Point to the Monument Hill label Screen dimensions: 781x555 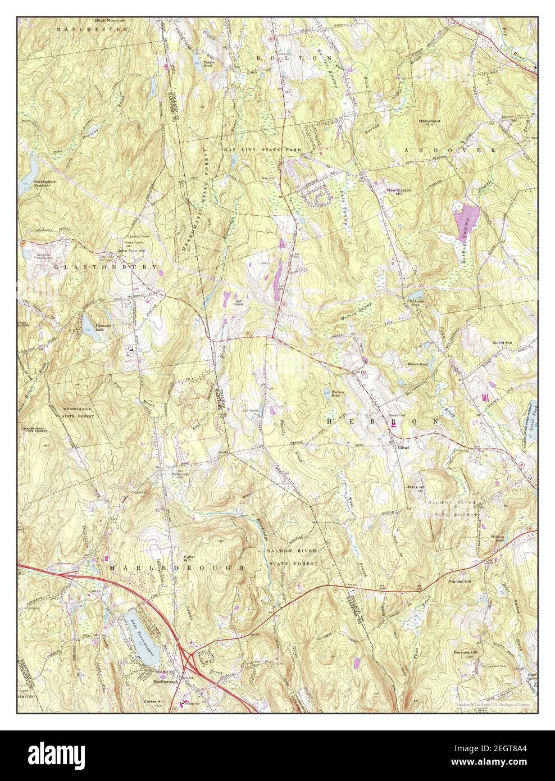429,122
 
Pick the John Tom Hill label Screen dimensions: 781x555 115,251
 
